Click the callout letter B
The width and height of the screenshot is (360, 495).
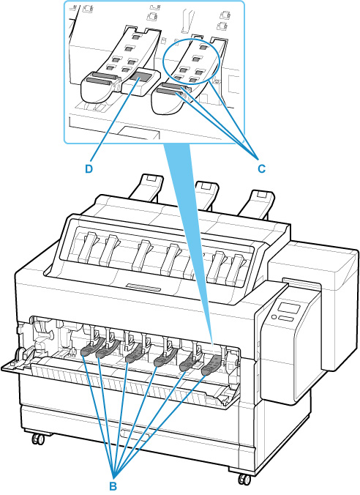[x=113, y=486]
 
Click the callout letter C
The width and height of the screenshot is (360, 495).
[x=261, y=169]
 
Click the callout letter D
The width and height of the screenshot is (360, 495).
[x=89, y=169]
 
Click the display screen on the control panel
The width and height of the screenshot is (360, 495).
[x=288, y=309]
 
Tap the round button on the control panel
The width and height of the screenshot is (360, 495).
[x=274, y=316]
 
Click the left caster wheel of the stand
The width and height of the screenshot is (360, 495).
[x=37, y=439]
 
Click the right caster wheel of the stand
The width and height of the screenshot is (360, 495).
[x=244, y=479]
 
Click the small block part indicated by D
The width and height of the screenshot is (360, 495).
[x=141, y=81]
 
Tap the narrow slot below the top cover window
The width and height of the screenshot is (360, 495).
[x=143, y=287]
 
